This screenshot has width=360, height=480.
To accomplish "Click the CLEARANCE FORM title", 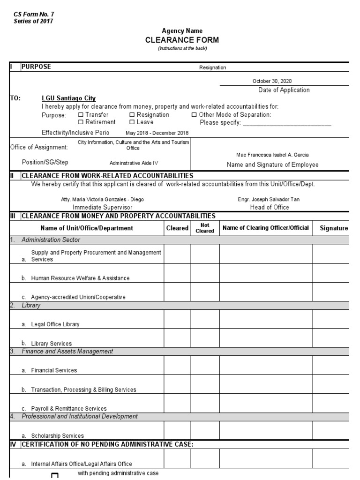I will (182, 40).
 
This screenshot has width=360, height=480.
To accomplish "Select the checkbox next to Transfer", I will (81, 115).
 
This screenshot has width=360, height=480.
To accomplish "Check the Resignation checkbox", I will (132, 115).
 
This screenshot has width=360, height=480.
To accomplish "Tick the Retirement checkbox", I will (81, 122).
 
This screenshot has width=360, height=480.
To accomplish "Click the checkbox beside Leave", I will (132, 122).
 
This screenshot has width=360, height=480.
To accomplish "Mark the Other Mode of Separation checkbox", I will (194, 115).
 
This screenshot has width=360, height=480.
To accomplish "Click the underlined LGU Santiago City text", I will (68, 98).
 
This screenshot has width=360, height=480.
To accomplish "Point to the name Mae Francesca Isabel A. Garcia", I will (272, 155).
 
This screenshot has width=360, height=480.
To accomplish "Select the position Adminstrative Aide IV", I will (134, 163).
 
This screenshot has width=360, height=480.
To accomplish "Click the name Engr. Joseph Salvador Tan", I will (269, 199).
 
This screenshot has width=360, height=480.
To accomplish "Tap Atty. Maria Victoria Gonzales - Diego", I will (103, 199).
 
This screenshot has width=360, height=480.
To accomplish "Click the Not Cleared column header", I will (205, 228).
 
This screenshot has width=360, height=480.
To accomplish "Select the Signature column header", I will (334, 228).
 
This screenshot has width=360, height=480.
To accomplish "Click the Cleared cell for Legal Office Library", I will (177, 319).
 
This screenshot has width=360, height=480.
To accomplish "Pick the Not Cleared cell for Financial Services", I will (205, 366).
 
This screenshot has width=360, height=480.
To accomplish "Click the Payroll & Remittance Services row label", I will (69, 409).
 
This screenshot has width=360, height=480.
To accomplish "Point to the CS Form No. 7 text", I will (34, 15).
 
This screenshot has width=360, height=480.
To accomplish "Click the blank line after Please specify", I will (287, 123).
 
